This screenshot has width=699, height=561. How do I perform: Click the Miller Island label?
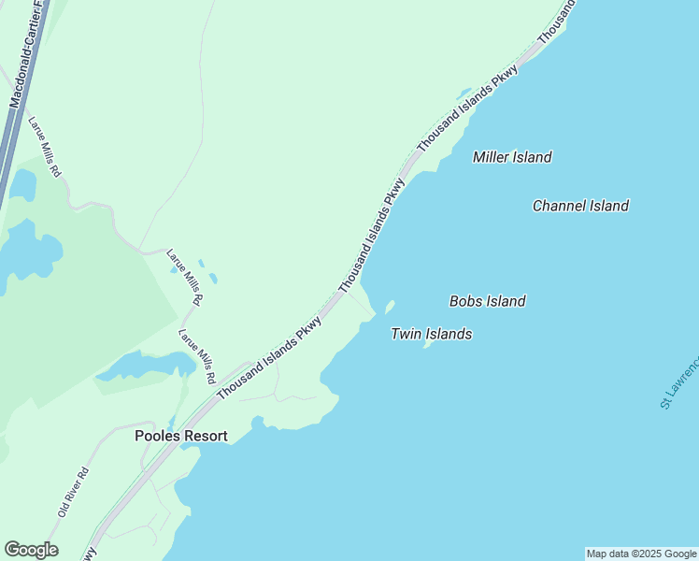(x=512, y=157)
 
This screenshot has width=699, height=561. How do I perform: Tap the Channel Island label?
(x=580, y=206)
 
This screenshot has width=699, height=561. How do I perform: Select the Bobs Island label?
(x=487, y=301)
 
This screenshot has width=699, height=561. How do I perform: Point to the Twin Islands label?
(x=431, y=334)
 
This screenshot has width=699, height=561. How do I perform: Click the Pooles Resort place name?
(x=181, y=436)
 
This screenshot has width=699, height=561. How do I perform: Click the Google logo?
(x=31, y=550)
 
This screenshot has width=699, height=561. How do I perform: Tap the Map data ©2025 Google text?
(x=641, y=554)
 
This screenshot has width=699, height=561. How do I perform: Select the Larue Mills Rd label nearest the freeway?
(x=44, y=147)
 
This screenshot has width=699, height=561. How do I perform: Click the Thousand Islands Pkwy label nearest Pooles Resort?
(x=269, y=357)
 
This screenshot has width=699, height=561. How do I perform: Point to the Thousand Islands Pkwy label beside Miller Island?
(x=467, y=110)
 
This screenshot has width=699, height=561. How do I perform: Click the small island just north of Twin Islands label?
(x=390, y=308)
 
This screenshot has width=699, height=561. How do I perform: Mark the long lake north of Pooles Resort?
(x=140, y=367)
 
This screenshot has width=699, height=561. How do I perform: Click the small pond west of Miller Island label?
(x=464, y=93)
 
